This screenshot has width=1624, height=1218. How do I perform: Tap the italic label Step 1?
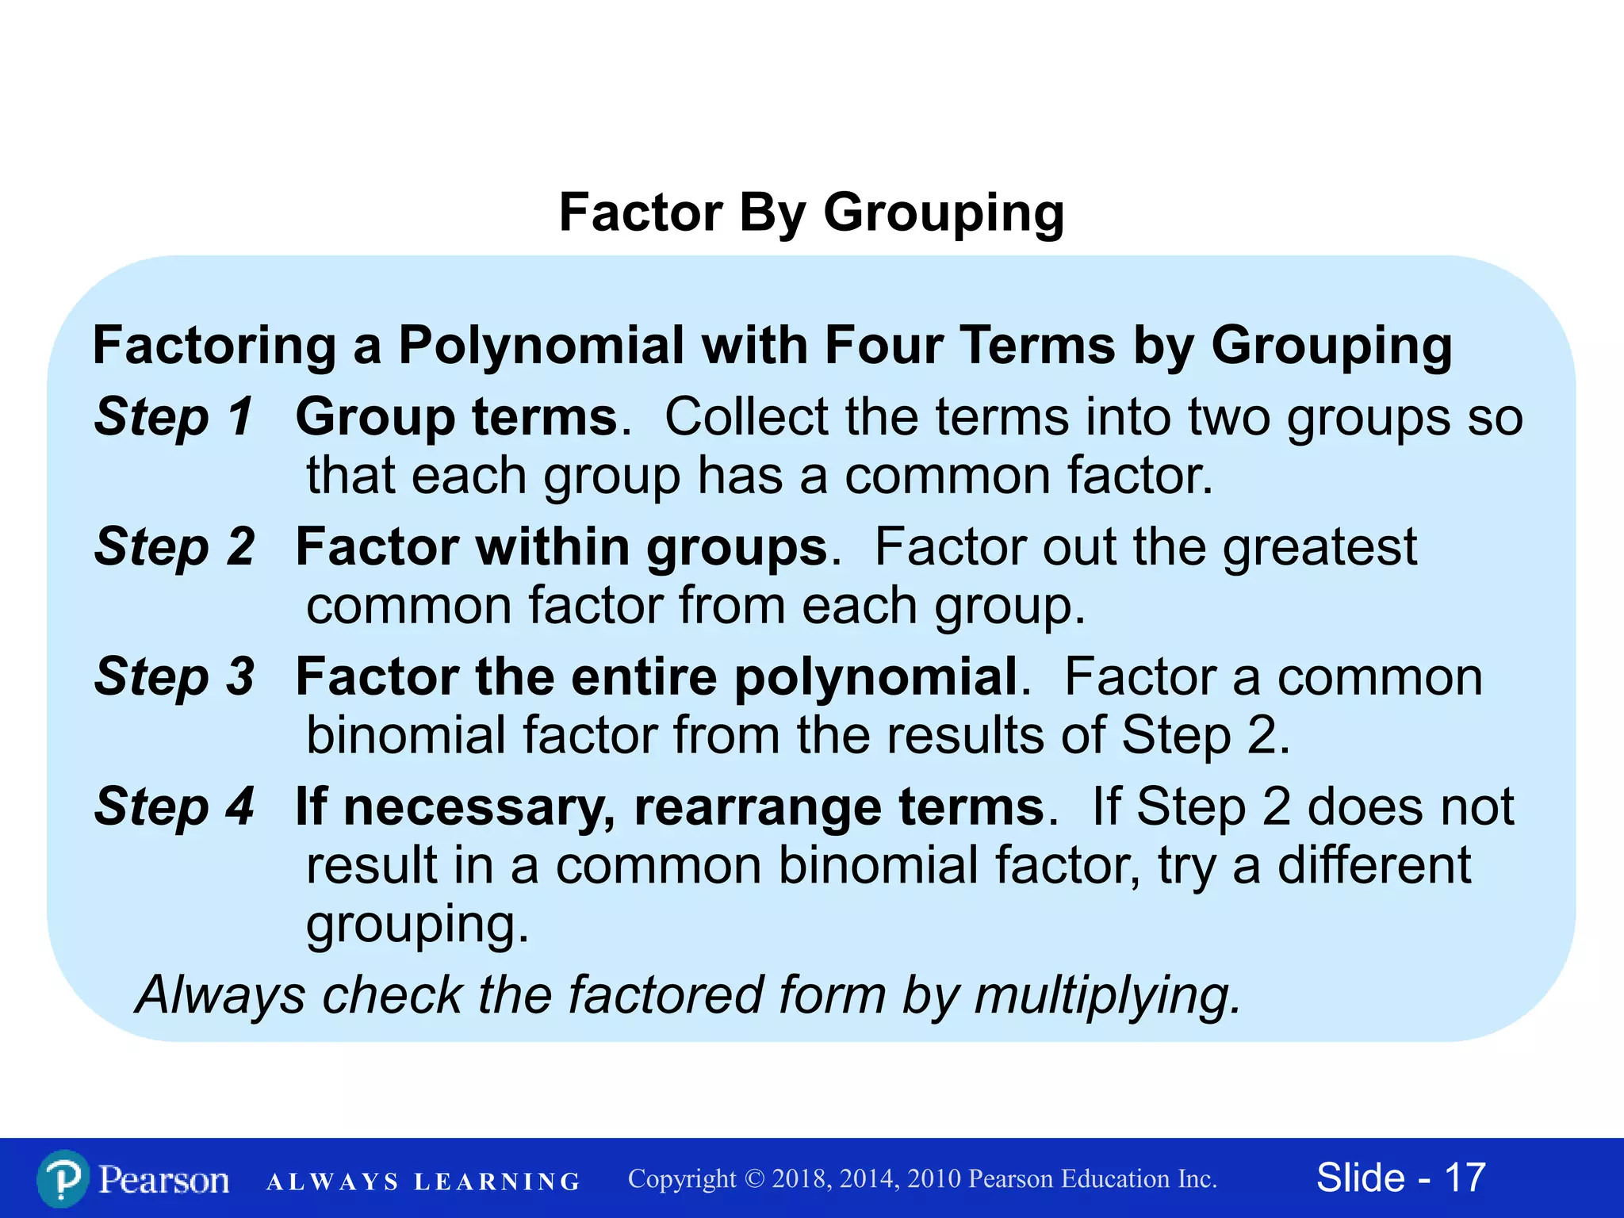coord(174,417)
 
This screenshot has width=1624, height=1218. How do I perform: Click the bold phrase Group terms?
coord(456,417)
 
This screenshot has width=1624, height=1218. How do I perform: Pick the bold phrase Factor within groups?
coord(561,548)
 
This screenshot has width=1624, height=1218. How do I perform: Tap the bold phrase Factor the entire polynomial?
coord(657,677)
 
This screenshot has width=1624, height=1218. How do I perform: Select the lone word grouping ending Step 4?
coord(417,925)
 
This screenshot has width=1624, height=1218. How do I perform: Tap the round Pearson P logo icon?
coord(63,1179)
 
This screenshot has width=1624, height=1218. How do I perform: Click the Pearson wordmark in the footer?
coord(164,1179)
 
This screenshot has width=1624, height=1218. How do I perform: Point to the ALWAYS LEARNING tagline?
coord(423,1182)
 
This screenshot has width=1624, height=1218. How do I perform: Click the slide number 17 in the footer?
coord(1465,1178)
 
